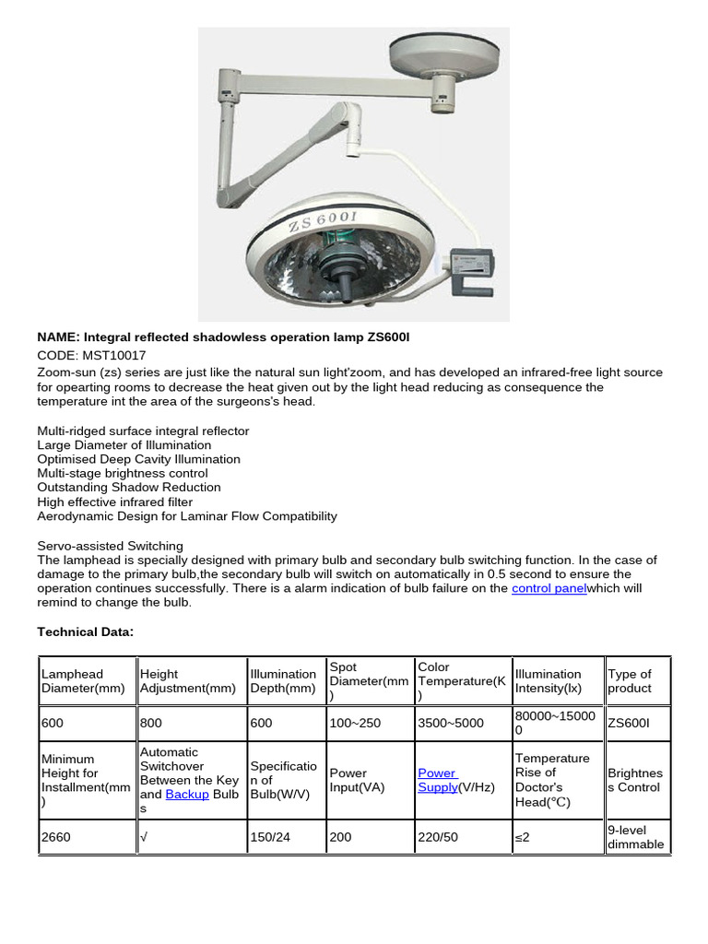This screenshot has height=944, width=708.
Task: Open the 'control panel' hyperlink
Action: [549, 588]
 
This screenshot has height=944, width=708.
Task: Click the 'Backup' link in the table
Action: [186, 794]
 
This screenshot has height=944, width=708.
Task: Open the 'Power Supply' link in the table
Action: [438, 780]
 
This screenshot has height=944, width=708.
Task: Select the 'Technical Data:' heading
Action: [86, 631]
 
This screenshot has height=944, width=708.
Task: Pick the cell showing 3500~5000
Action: [450, 723]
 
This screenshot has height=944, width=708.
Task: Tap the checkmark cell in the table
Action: [144, 837]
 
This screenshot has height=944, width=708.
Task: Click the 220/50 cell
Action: [436, 837]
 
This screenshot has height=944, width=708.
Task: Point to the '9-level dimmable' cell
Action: [635, 837]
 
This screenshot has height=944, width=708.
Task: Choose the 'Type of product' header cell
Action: [630, 681]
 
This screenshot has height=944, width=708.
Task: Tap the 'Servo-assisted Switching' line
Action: [110, 546]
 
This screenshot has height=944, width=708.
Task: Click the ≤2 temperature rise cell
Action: [524, 837]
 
